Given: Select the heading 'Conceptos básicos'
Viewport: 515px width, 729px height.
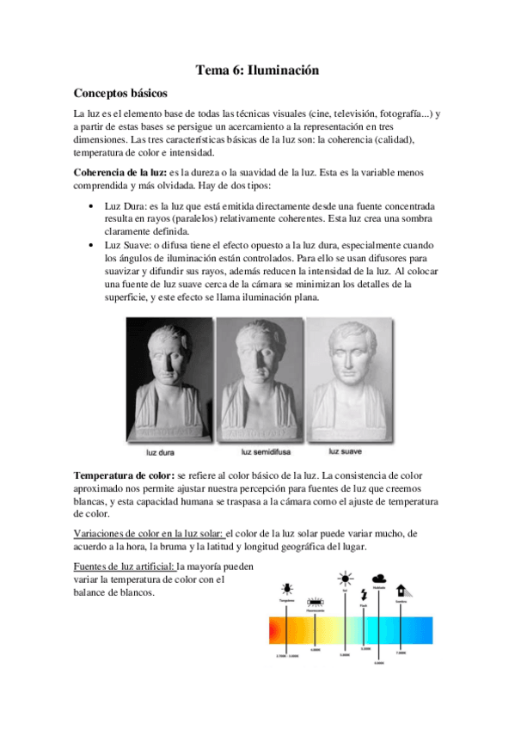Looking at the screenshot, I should pos(120,93).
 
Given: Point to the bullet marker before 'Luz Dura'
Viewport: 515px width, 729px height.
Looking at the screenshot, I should pos(92,208).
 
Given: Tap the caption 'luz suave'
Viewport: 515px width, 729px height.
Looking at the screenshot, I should pos(349,449).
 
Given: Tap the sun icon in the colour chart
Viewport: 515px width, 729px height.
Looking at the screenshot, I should pos(345,578).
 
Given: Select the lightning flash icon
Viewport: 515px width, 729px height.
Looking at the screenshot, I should pos(365,594).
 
